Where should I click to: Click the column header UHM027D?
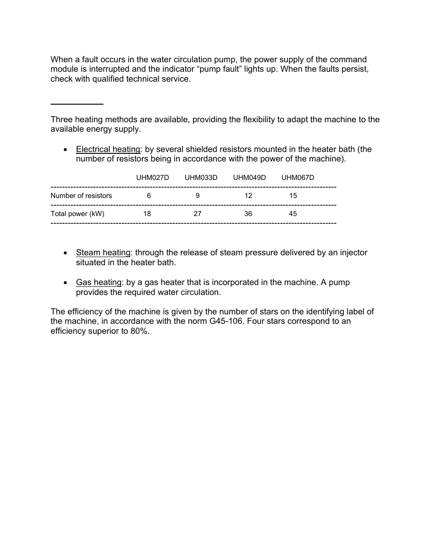point(152,178)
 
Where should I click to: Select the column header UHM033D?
point(201,178)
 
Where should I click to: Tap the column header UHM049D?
point(249,178)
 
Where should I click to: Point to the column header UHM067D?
point(297,178)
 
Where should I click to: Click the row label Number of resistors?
point(81,196)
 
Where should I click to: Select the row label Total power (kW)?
point(77,214)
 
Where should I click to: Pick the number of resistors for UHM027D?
point(149,196)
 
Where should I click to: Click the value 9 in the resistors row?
point(197,196)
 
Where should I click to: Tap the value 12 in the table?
point(248,196)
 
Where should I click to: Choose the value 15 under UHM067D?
point(293,196)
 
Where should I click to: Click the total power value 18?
point(147,214)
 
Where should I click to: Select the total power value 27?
point(197,214)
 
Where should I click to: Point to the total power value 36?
point(248,214)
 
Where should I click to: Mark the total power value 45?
point(293,214)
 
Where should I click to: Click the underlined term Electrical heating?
point(108,149)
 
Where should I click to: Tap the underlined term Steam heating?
point(103,253)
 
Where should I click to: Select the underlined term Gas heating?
point(98,282)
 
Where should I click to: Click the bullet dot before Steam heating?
point(66,253)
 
